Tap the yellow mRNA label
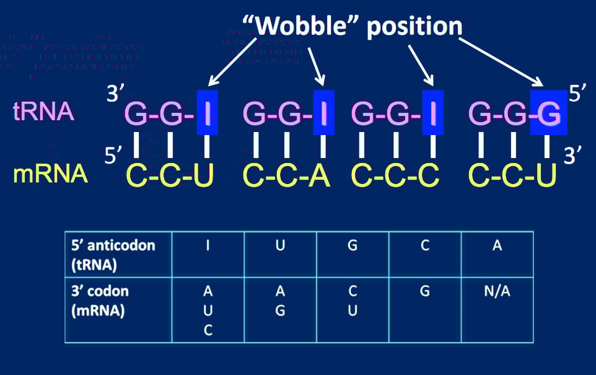[x=51, y=175]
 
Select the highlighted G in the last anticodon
[x=548, y=113]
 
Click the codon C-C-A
[x=286, y=176]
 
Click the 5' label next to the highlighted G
[x=577, y=94]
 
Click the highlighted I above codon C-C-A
[x=323, y=113]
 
